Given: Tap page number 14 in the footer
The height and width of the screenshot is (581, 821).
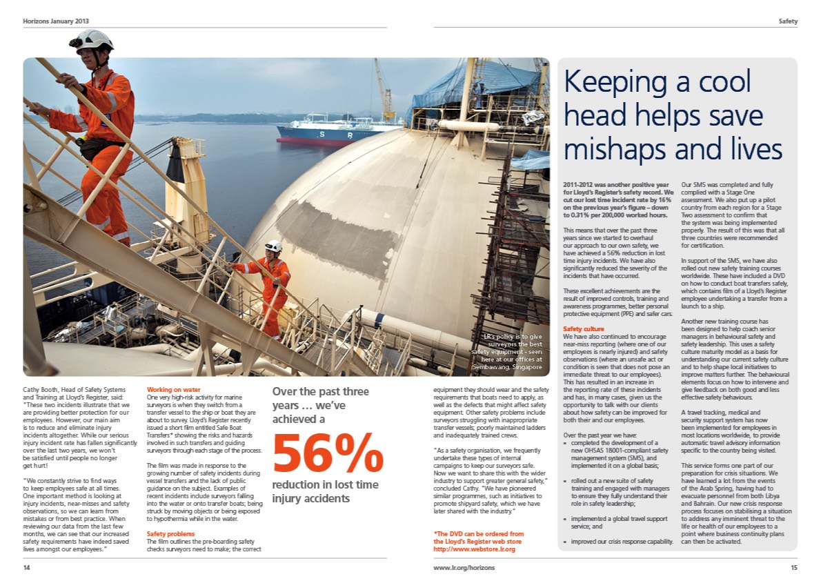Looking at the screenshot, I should pyautogui.click(x=27, y=567).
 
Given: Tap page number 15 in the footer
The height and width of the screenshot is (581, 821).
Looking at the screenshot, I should pyautogui.click(x=793, y=567).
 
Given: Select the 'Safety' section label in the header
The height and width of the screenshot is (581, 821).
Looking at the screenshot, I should pyautogui.click(x=788, y=21).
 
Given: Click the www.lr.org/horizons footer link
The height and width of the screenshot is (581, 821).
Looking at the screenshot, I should pyautogui.click(x=464, y=567).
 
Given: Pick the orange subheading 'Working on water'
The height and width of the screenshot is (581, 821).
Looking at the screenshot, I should pyautogui.click(x=174, y=390).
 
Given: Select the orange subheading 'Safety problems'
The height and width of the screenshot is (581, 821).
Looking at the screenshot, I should pyautogui.click(x=171, y=534).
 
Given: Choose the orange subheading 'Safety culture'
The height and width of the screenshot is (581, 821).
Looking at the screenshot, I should pyautogui.click(x=584, y=328).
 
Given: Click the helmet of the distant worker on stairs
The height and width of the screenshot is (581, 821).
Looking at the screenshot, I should pyautogui.click(x=274, y=246).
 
